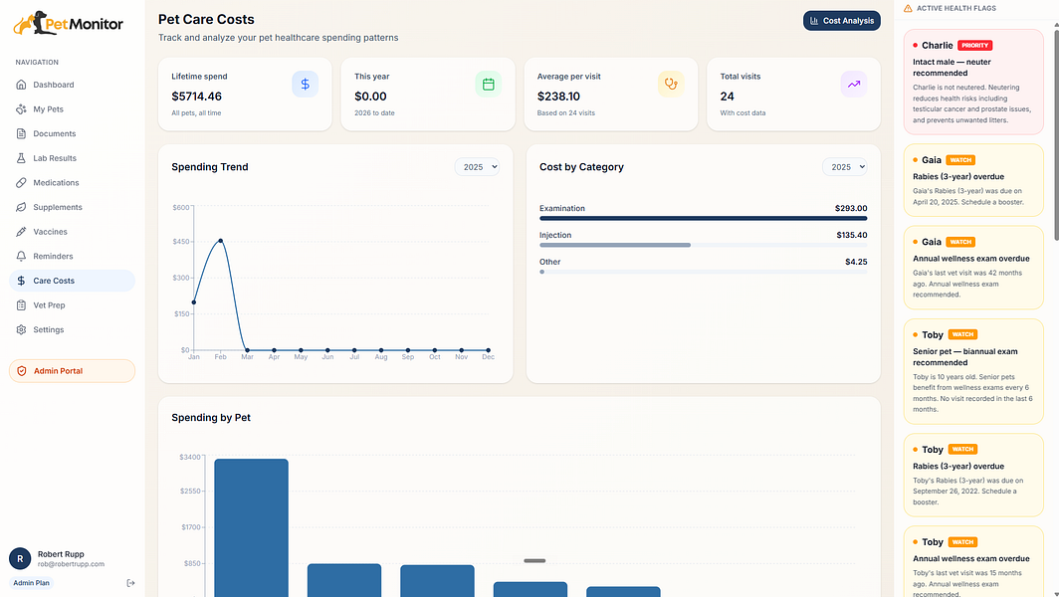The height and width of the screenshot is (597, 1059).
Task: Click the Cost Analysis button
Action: [x=842, y=21]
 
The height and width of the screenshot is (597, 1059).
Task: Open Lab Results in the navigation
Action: [x=54, y=158]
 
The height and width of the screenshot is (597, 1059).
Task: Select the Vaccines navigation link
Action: [x=50, y=232]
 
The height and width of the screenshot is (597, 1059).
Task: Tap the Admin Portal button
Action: [x=73, y=371]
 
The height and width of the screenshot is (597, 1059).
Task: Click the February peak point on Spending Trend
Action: [x=221, y=241]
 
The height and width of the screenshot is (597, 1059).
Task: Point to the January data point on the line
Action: [x=194, y=301]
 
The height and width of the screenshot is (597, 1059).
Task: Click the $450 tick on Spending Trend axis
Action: [x=182, y=241]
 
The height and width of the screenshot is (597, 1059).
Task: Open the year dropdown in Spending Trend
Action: [x=477, y=167]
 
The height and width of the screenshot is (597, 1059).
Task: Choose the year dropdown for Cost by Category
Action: [x=844, y=167]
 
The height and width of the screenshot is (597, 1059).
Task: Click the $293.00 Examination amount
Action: [x=851, y=208]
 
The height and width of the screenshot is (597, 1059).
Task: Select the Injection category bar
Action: [x=615, y=245]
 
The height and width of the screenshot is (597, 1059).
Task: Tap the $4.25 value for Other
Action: [x=856, y=262]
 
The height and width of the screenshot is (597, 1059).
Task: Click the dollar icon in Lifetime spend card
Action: [x=306, y=84]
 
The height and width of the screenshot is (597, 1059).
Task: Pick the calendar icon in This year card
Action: [x=489, y=84]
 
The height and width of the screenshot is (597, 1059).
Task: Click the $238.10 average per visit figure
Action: [x=558, y=97]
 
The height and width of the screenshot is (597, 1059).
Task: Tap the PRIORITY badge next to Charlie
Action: [x=974, y=45]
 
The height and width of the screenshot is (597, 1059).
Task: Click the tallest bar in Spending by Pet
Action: [x=251, y=527]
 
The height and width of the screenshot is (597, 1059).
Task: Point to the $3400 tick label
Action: [x=190, y=458]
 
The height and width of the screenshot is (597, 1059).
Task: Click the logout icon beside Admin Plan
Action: [x=131, y=583]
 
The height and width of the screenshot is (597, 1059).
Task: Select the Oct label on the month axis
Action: [x=435, y=357]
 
